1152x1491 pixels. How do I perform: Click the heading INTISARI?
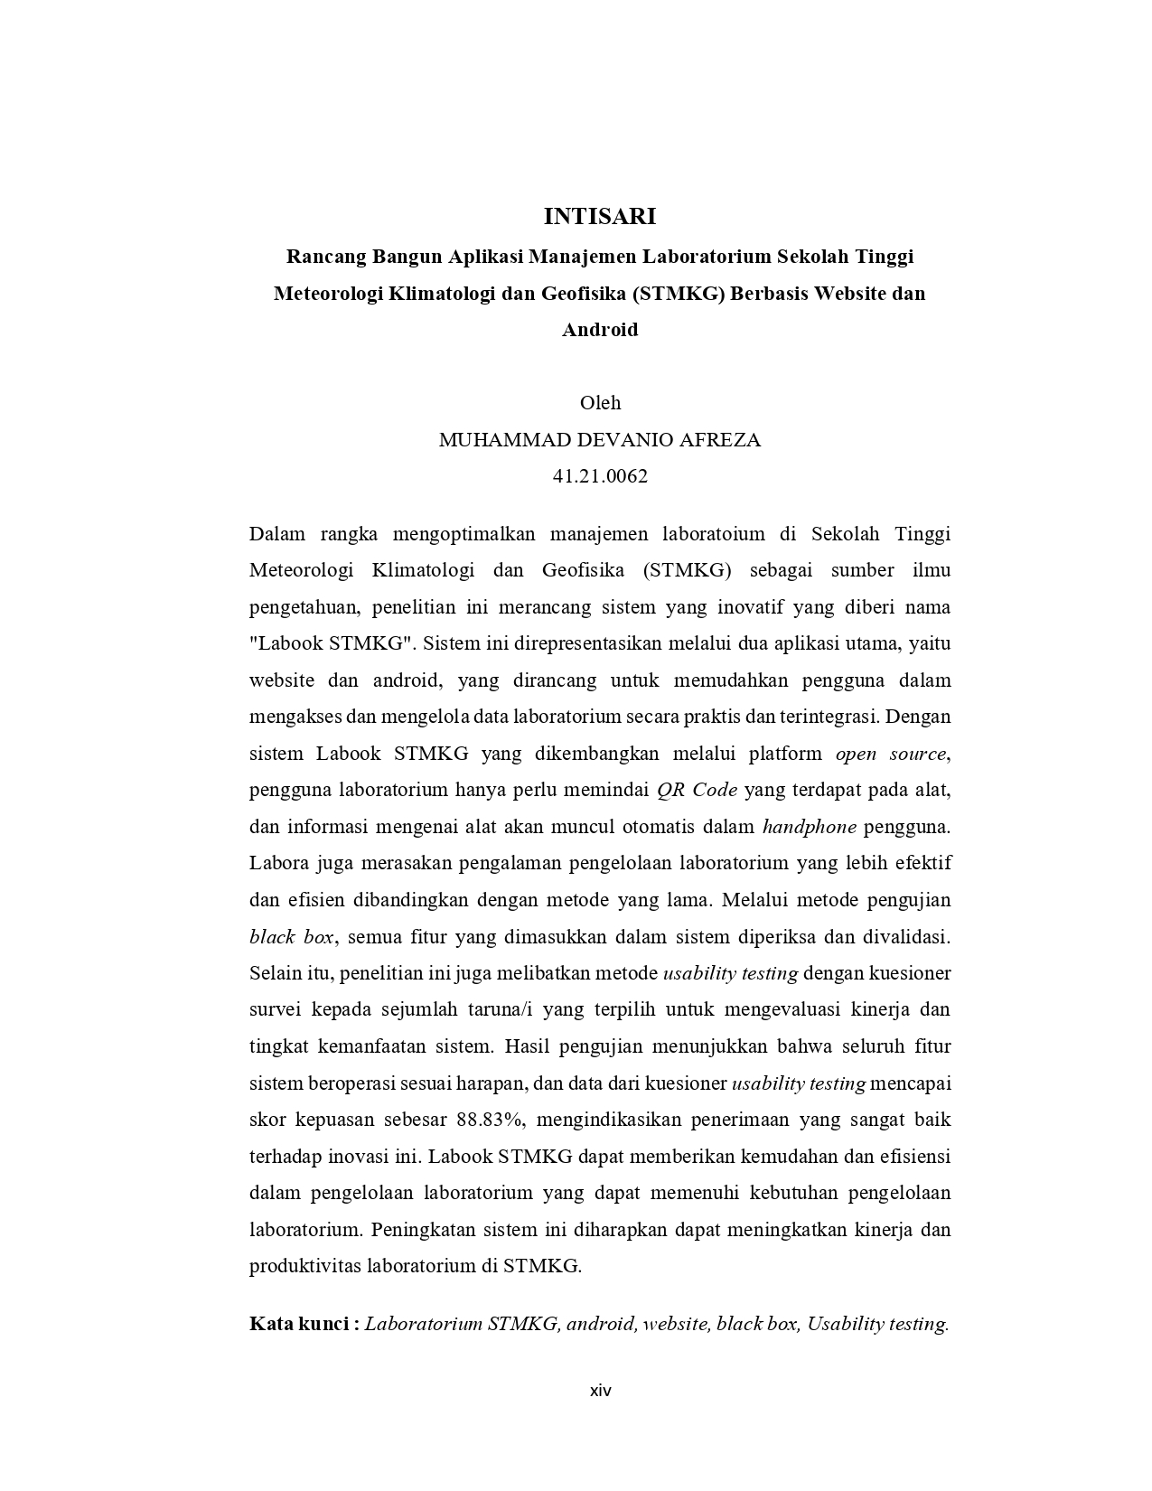599,217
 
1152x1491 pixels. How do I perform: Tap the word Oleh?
600,403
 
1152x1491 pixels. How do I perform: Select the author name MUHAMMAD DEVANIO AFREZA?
599,440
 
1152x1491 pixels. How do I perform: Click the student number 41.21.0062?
600,476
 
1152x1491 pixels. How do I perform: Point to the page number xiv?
600,1391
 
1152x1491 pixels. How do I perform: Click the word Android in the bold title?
600,330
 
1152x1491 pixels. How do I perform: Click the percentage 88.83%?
490,1120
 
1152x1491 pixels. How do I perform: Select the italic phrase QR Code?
697,790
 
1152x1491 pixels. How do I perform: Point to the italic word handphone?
810,827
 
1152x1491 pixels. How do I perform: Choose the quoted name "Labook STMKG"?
331,644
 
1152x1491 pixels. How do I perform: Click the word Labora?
278,863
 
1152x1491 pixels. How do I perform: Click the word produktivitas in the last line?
304,1266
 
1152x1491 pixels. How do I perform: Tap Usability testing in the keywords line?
876,1324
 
